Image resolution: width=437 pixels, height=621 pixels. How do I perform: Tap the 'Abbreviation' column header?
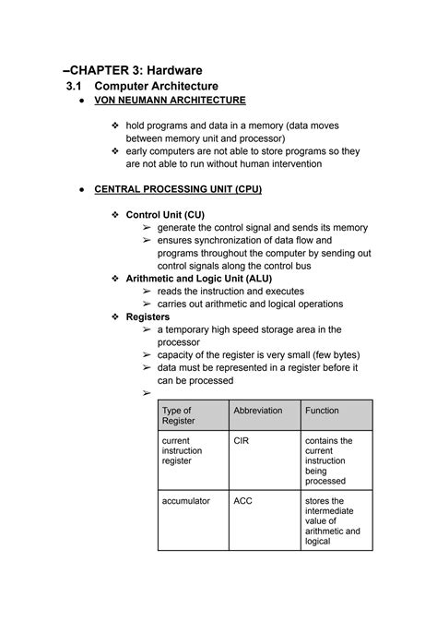257,411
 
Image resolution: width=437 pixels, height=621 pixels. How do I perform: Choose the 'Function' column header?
323,411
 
